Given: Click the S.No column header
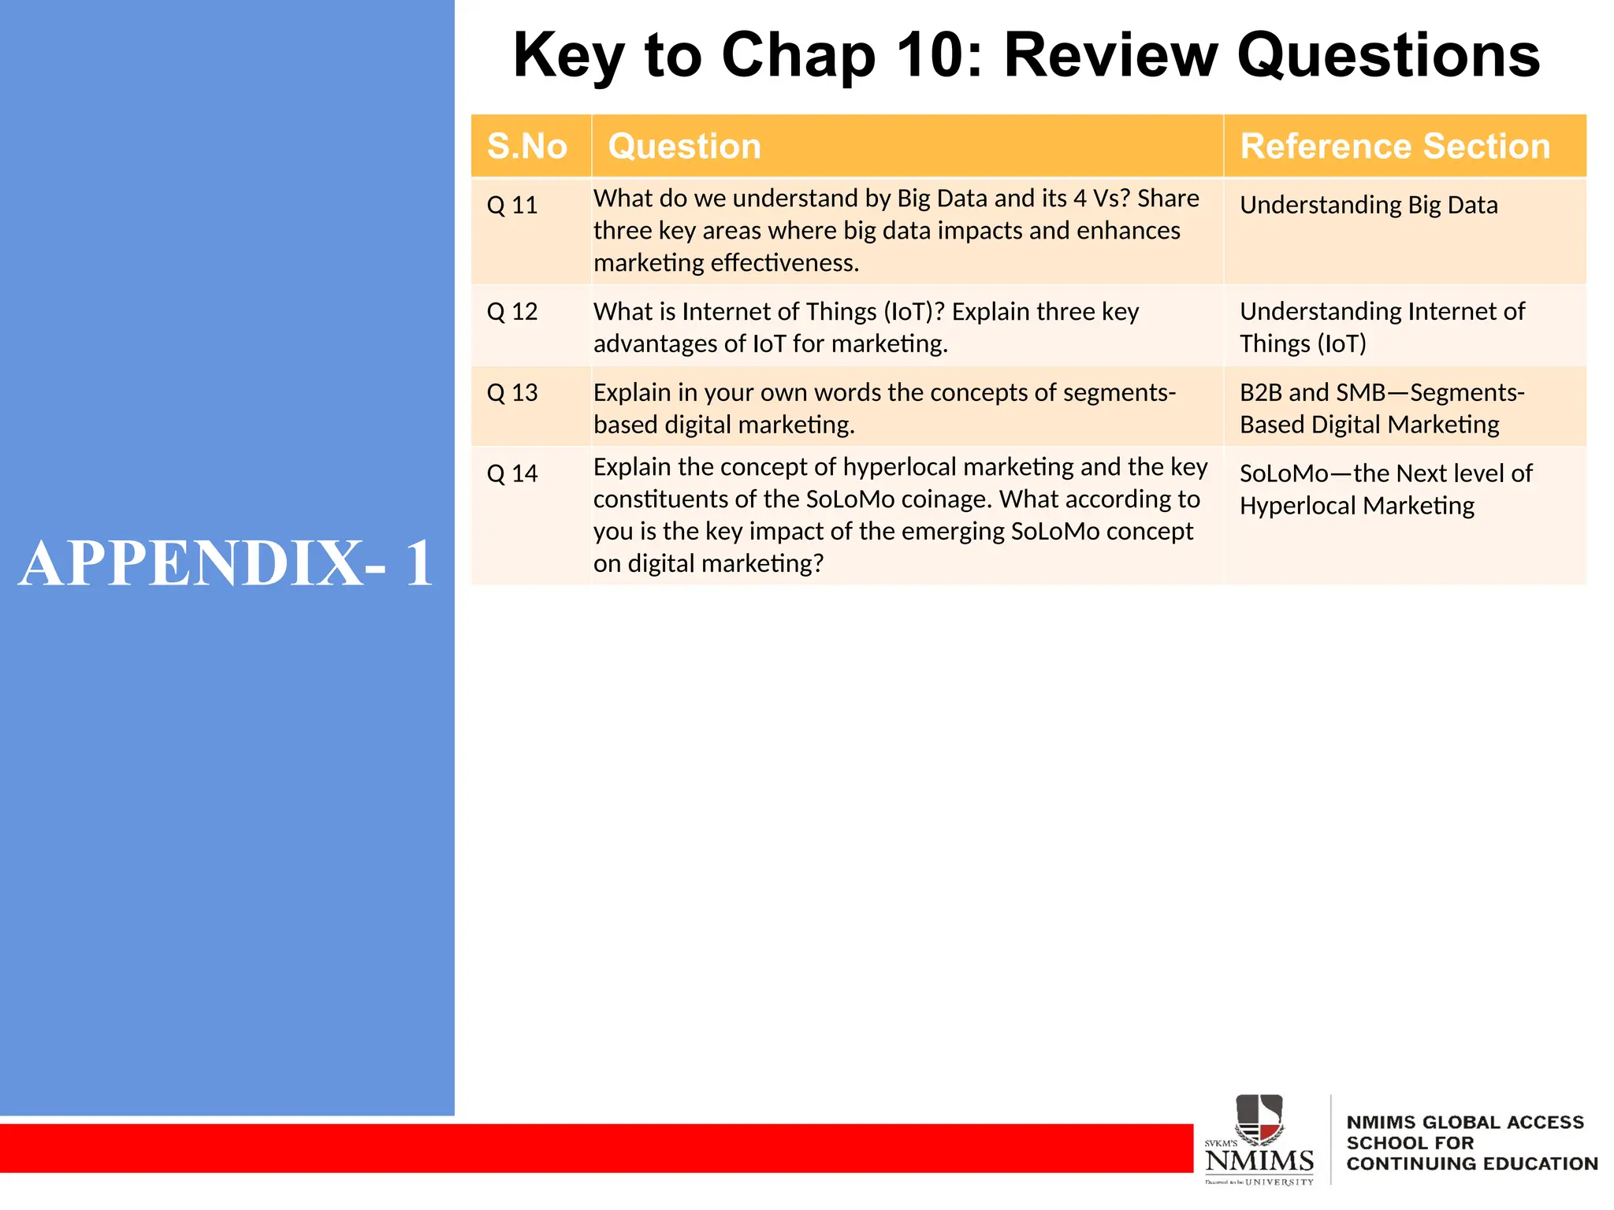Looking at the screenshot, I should point(527,147).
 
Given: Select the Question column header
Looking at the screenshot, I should point(684,147).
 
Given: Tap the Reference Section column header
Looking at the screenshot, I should point(1395,147).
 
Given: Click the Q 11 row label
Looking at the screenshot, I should point(512,206).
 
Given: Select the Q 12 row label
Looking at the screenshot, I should point(512,312).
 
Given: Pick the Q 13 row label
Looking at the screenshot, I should point(512,393).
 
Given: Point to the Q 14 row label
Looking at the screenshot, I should point(512,474).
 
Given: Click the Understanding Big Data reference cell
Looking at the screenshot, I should point(1368,206).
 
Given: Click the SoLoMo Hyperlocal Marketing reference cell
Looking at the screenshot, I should point(1385,490).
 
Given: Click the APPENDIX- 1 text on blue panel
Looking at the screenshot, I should point(226,564).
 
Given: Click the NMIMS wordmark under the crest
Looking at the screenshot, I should point(1259,1161).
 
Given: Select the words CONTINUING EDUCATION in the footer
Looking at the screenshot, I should point(1471,1164).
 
